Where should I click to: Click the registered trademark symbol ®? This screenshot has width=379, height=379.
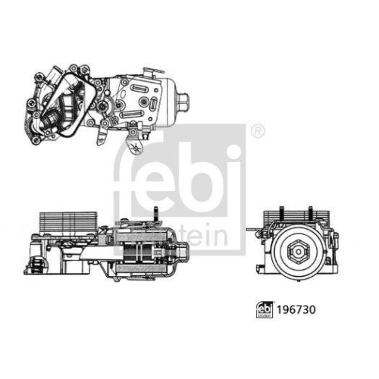pos(258,130)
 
